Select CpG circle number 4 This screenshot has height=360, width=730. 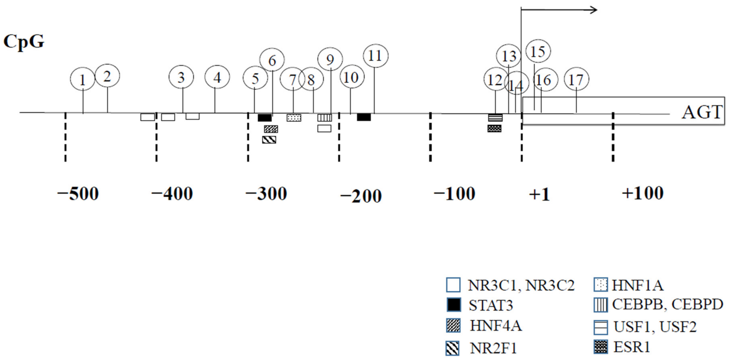click(x=217, y=77)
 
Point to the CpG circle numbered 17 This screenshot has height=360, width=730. click(x=576, y=79)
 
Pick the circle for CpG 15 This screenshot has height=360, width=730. click(x=538, y=51)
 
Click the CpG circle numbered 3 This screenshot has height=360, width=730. click(x=181, y=77)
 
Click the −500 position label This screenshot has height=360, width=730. click(x=78, y=194)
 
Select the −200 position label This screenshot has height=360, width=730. click(x=361, y=196)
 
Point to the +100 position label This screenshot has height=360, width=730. click(x=642, y=193)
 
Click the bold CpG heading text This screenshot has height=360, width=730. click(x=24, y=42)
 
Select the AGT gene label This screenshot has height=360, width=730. click(x=702, y=112)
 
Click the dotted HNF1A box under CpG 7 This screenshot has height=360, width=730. click(x=294, y=118)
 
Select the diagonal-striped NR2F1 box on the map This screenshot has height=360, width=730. click(x=269, y=140)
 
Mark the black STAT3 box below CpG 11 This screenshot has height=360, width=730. click(x=364, y=117)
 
